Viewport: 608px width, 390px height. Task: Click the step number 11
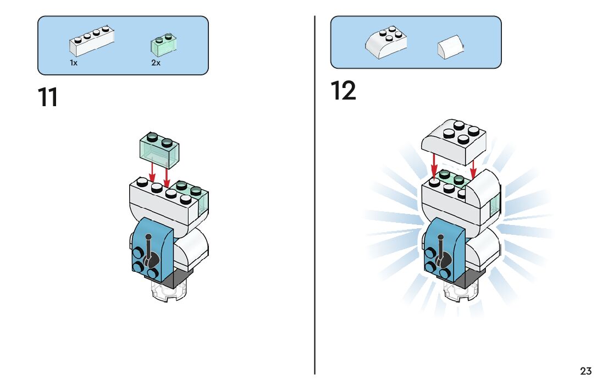tap(48, 97)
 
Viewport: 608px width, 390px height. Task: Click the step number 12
tap(343, 90)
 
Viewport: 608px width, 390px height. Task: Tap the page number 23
tap(586, 371)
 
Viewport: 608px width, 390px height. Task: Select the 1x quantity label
tap(74, 63)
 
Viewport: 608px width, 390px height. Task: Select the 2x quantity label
tap(156, 63)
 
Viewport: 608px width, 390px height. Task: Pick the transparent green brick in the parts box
tap(164, 45)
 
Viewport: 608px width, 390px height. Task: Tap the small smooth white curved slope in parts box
tap(451, 47)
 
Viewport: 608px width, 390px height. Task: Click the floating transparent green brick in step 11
tap(159, 150)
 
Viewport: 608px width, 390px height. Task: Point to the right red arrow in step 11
tap(167, 175)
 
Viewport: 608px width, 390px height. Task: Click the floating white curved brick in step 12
tap(454, 141)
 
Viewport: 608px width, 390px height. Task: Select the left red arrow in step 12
tap(434, 166)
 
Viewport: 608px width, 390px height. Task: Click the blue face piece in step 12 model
tap(444, 250)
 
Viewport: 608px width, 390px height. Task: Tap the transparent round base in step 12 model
tap(461, 292)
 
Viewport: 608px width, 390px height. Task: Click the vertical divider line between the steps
tap(314, 195)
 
